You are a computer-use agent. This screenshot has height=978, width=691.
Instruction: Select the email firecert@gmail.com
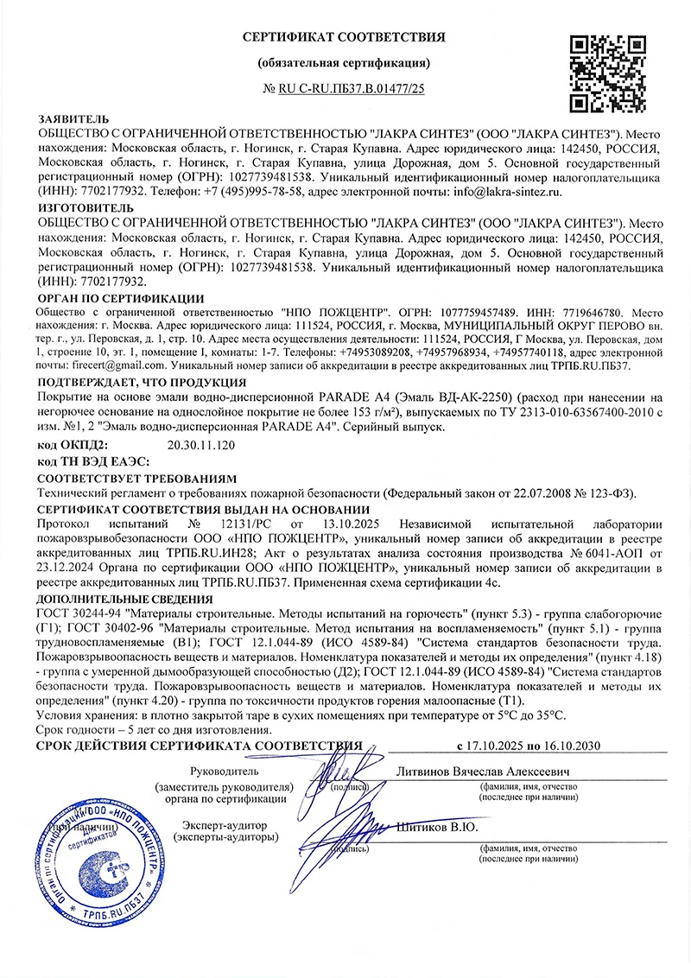[x=96, y=365]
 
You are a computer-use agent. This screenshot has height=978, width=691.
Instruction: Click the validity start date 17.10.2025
[x=494, y=746]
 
